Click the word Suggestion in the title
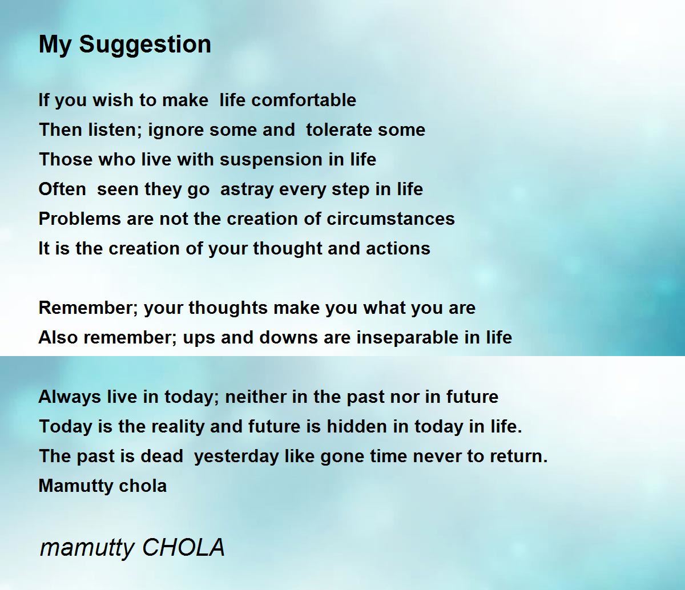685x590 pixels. point(145,45)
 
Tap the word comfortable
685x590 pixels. point(304,100)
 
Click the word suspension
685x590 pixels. point(271,160)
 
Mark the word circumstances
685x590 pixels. point(390,219)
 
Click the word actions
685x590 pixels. point(398,249)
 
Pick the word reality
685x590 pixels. point(178,427)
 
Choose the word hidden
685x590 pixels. point(357,426)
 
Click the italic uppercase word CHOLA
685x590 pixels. point(184,547)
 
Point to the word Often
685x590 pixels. point(62,189)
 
